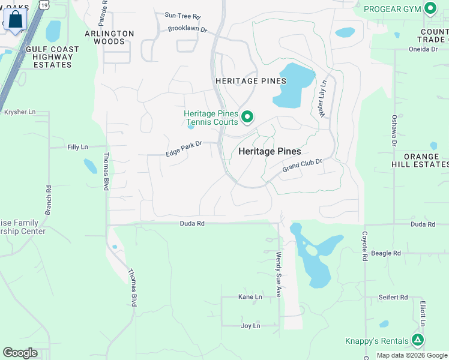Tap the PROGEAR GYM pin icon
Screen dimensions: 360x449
point(430,8)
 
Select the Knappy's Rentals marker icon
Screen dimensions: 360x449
point(418,340)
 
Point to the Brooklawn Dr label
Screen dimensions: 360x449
point(187,29)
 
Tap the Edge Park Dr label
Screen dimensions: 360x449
point(184,149)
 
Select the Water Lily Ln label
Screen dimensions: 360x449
point(323,98)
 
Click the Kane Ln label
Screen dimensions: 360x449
point(250,297)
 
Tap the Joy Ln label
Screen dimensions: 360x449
point(250,326)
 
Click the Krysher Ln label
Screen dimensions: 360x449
point(20,112)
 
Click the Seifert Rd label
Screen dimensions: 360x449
point(393,297)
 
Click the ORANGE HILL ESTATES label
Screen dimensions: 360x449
point(426,160)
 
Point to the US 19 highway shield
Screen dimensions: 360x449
point(44,4)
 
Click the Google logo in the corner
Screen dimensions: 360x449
point(20,353)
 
